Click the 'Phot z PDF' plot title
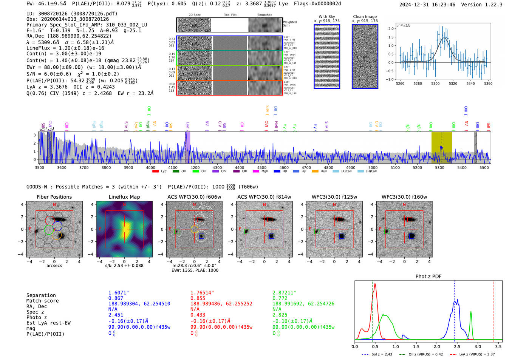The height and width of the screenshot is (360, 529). (428, 277)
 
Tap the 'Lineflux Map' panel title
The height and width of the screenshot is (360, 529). (124, 197)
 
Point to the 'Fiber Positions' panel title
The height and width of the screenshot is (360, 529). (54, 197)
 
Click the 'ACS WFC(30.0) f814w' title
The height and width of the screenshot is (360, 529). (264, 197)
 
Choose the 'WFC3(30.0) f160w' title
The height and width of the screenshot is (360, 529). (404, 197)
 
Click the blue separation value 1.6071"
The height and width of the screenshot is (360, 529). (119, 293)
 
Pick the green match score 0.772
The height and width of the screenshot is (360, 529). (280, 298)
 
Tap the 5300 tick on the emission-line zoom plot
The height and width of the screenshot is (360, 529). (435, 83)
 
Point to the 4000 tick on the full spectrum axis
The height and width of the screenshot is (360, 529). (150, 168)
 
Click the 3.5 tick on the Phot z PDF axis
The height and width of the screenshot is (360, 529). (498, 346)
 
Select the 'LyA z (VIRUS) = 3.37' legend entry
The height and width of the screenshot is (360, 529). (477, 354)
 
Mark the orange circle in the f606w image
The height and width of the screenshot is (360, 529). (194, 229)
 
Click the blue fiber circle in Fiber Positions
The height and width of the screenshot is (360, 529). (57, 226)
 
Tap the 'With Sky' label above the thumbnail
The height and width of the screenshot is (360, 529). (327, 17)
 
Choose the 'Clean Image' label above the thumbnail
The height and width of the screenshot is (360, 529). (365, 17)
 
